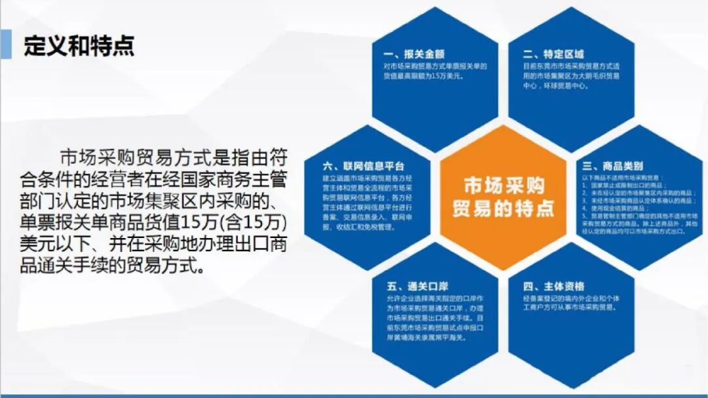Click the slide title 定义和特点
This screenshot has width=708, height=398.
pyautogui.click(x=79, y=45)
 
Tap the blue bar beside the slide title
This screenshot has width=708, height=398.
pyautogui.click(x=6, y=45)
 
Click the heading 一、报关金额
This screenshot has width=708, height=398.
pyautogui.click(x=412, y=54)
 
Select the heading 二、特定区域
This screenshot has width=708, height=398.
pyautogui.click(x=553, y=54)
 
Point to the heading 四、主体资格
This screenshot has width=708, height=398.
pyautogui.click(x=553, y=287)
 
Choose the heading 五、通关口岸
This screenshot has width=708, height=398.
pyautogui.click(x=412, y=287)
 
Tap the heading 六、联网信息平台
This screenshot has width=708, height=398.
pyautogui.click(x=363, y=165)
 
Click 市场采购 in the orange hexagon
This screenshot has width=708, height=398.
pyautogui.click(x=503, y=185)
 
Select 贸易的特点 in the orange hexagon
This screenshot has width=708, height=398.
pyautogui.click(x=503, y=209)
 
